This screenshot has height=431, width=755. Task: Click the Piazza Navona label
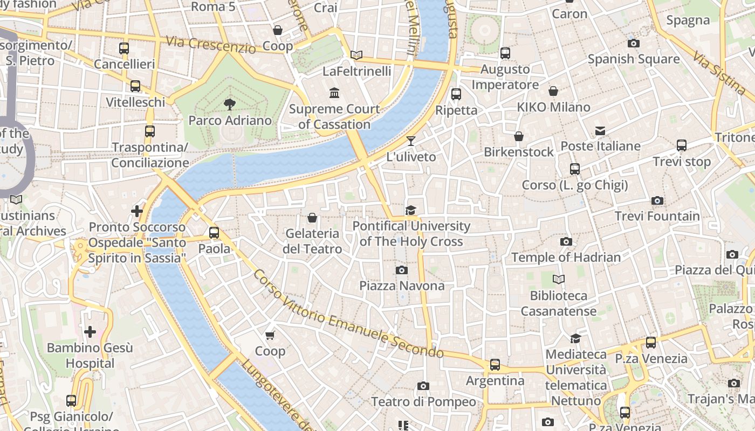(x=402, y=286)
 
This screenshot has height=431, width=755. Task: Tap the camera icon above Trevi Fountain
(x=657, y=201)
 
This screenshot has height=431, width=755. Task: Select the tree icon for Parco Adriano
(x=229, y=105)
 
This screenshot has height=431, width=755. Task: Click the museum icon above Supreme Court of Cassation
(x=334, y=93)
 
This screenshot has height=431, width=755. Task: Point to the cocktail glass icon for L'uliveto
(x=411, y=141)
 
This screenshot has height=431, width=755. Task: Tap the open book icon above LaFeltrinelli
(x=356, y=55)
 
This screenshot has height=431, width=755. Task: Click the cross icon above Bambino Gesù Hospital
(x=90, y=332)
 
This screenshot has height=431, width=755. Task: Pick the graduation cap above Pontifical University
(x=411, y=210)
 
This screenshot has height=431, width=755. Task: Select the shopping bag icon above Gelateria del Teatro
(x=312, y=218)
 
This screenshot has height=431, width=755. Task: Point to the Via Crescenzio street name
(x=211, y=45)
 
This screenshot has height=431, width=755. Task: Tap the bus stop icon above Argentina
(x=495, y=365)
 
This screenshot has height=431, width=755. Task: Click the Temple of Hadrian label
(x=566, y=258)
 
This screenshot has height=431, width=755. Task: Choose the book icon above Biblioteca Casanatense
(x=559, y=280)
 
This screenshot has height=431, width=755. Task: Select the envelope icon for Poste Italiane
(x=600, y=131)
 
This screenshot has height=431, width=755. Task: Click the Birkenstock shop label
(x=518, y=152)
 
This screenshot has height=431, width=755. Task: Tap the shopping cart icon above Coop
(x=270, y=335)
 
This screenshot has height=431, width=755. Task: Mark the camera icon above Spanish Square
(x=634, y=43)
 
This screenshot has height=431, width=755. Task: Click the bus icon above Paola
(x=214, y=233)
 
